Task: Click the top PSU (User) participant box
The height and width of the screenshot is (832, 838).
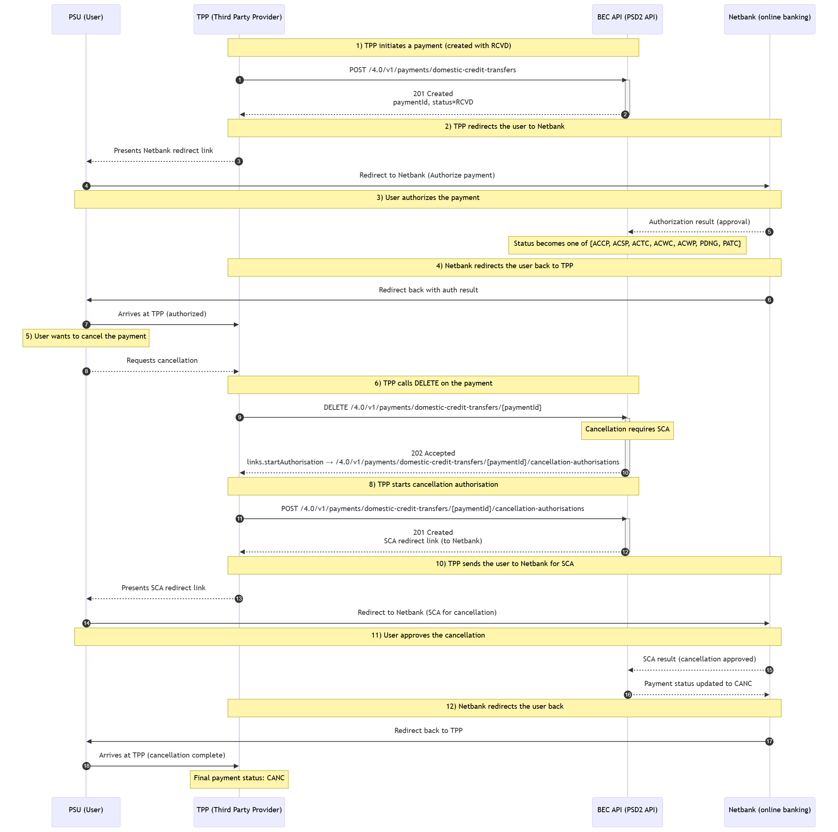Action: pyautogui.click(x=86, y=19)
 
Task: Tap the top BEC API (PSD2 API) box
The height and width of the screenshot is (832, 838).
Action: pyautogui.click(x=627, y=19)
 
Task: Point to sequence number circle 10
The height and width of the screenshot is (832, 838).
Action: pyautogui.click(x=625, y=473)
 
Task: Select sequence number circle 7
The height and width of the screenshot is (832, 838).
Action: pyautogui.click(x=86, y=325)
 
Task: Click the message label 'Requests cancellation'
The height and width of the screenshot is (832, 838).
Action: pyautogui.click(x=162, y=361)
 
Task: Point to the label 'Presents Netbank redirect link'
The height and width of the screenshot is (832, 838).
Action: pyautogui.click(x=163, y=151)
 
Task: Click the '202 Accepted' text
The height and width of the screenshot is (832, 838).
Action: pyautogui.click(x=433, y=453)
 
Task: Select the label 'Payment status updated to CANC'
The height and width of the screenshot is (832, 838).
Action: pyautogui.click(x=698, y=684)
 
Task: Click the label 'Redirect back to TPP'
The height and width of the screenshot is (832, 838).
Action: pyautogui.click(x=428, y=730)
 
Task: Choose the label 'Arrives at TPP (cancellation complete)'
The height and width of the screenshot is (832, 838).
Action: pyautogui.click(x=162, y=755)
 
